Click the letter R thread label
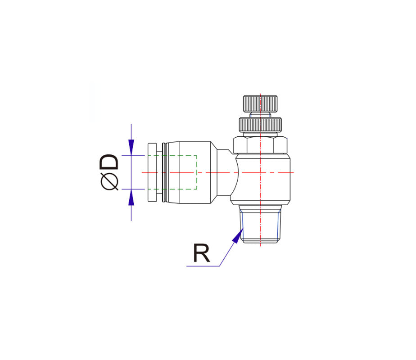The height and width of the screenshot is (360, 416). click(202, 253)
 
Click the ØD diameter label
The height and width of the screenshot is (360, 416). click(109, 172)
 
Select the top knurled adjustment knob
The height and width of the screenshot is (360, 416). click(260, 103)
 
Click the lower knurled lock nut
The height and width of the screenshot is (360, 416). click(260, 125)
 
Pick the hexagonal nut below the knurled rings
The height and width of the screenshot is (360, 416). click(260, 145)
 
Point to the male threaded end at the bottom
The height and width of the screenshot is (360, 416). click(260, 224)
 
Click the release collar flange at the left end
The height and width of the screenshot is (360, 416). click(152, 172)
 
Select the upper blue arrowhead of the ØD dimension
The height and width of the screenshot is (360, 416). click(131, 148)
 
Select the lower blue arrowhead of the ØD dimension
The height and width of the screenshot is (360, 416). click(131, 198)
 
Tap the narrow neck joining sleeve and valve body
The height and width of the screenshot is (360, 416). click(224, 172)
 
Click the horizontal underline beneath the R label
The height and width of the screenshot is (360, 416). click(203, 266)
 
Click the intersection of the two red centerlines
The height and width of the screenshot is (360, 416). click(260, 172)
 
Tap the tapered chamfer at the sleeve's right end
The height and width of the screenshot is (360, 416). click(214, 172)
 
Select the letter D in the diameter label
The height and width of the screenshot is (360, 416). click(109, 162)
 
